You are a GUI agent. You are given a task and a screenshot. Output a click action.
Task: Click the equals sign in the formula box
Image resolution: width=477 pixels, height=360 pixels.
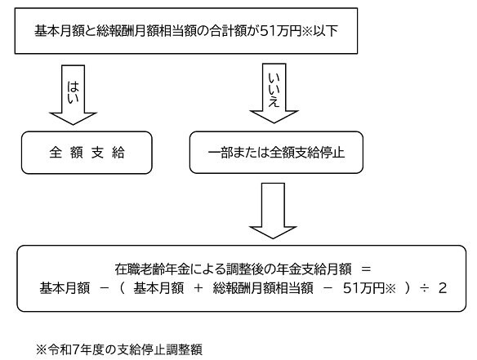(365, 268)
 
